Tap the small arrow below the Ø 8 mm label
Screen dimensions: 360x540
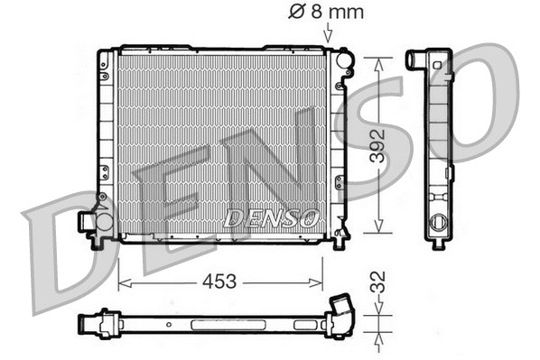326,35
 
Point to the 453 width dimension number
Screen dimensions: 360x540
219,282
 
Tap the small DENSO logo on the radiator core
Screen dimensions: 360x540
271,217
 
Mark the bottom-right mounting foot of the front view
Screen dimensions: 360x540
340,241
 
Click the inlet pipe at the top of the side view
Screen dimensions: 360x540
416,60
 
